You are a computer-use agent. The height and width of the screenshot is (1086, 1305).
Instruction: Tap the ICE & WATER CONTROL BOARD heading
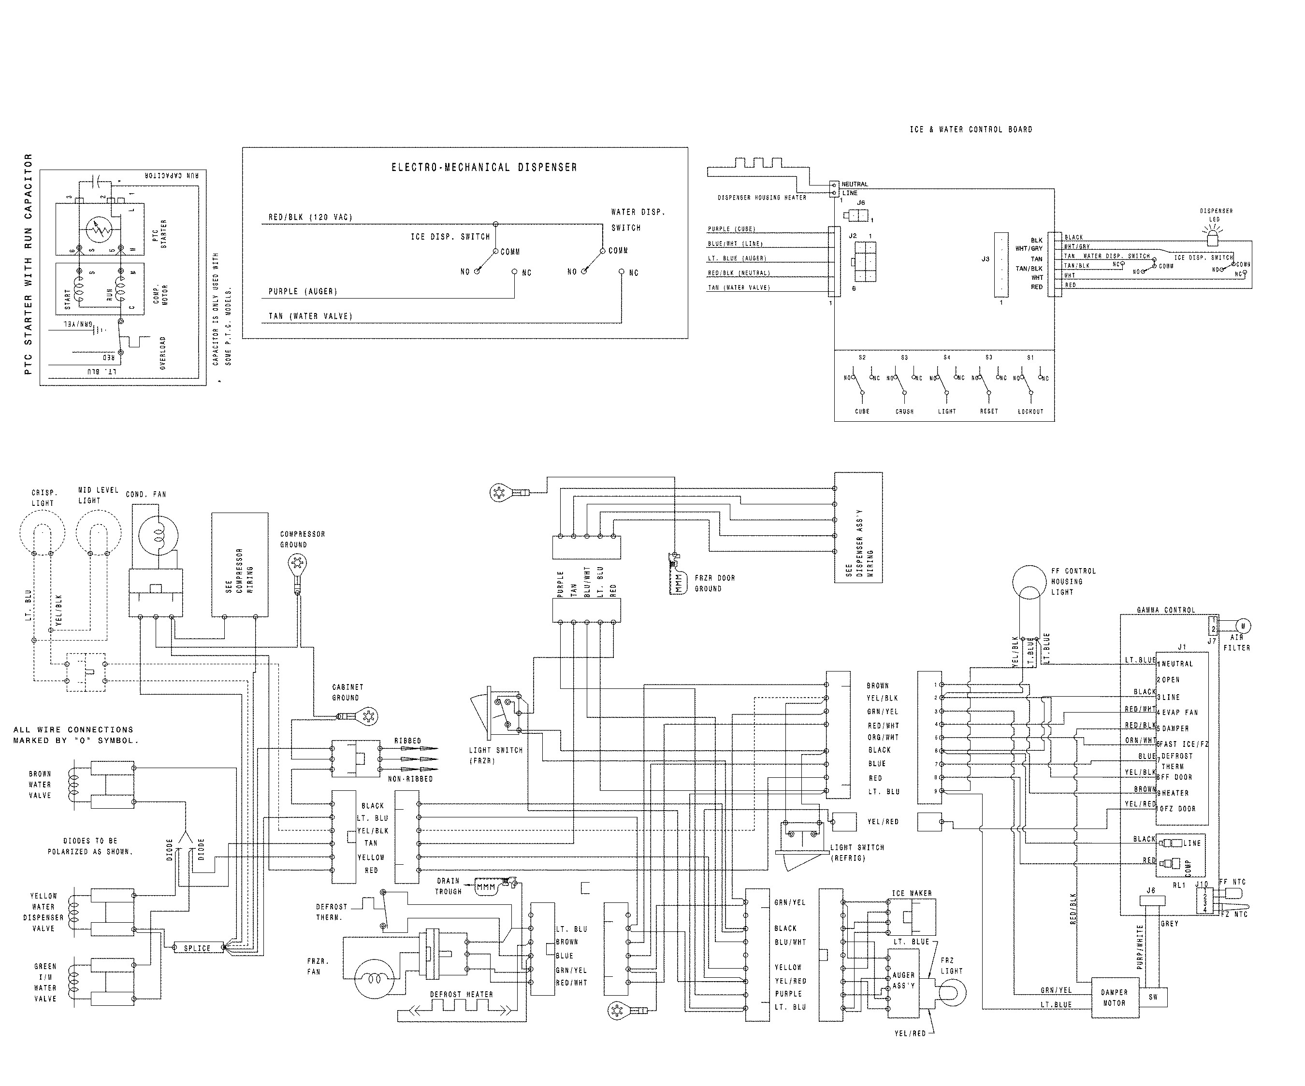(x=971, y=129)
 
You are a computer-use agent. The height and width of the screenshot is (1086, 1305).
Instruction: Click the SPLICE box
(x=197, y=948)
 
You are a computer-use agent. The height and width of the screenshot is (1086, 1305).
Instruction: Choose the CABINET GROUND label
(x=348, y=692)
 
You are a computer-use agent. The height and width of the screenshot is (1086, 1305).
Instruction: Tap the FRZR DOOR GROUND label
(x=715, y=583)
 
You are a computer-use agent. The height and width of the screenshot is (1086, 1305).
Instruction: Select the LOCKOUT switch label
(x=1030, y=411)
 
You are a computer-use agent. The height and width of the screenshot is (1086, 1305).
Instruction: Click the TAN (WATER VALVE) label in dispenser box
(x=310, y=316)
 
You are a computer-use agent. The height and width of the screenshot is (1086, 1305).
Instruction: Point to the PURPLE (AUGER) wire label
(x=303, y=291)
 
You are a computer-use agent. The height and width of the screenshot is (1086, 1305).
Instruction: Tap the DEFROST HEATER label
(x=461, y=994)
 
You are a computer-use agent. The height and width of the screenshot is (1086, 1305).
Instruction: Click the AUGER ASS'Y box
(x=903, y=981)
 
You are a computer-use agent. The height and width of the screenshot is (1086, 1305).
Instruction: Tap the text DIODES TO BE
(x=90, y=841)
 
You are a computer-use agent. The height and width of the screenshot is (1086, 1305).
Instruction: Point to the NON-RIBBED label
(x=410, y=778)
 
